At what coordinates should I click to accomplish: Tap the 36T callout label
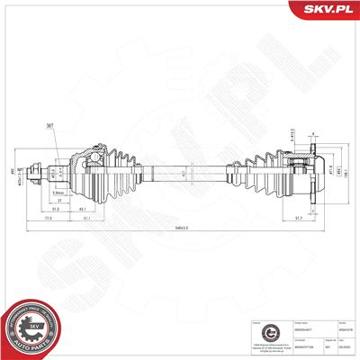(x=49, y=126)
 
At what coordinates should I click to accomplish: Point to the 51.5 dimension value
(x=55, y=209)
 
